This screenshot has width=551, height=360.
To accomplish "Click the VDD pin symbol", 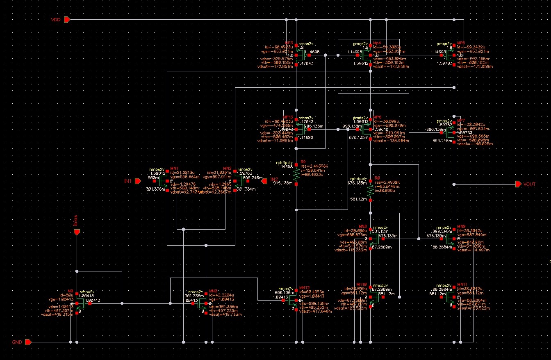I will (68, 20).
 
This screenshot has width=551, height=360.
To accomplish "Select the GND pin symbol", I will (28, 342).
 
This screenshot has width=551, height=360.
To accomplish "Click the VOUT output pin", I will (519, 184).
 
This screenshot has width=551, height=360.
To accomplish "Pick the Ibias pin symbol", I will (77, 232).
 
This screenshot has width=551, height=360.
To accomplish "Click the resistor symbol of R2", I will (296, 175).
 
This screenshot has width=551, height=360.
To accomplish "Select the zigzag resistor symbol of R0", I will (370, 190).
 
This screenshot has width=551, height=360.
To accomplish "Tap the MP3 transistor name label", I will (289, 43).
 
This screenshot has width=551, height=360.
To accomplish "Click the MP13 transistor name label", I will (289, 117).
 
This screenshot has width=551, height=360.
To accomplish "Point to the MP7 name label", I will (461, 120).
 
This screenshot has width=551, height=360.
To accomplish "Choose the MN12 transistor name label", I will (304, 287).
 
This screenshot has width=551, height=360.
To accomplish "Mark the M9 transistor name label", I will (70, 291).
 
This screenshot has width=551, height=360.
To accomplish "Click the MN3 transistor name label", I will (213, 291).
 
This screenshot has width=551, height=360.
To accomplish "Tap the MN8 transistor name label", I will (363, 226).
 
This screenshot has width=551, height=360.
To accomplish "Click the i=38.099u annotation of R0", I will (384, 191).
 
